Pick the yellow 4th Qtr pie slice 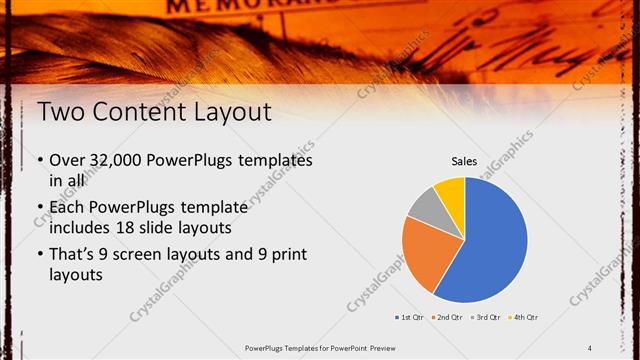[451, 191]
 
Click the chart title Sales [464, 160]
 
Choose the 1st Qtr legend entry [410, 317]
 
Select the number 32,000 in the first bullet [115, 160]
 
